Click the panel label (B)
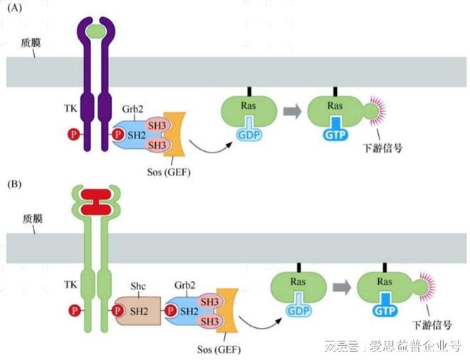coord(15,184)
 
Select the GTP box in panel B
coord(385,312)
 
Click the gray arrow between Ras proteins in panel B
coord(341,288)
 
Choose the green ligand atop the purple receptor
coord(94,31)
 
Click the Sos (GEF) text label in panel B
coord(218,349)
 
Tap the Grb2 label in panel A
coord(132,110)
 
